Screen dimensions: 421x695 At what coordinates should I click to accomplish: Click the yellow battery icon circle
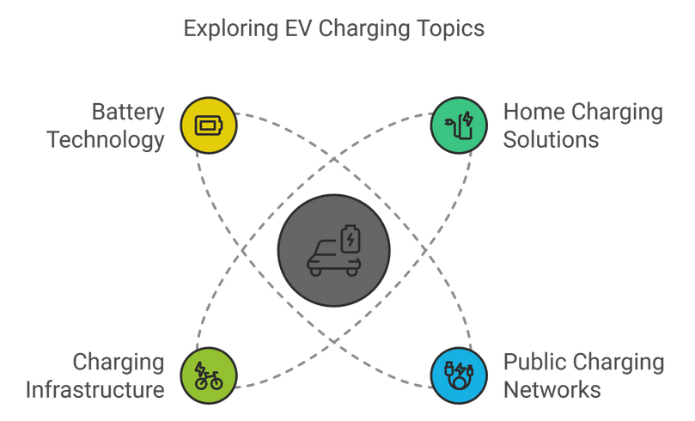tap(208, 125)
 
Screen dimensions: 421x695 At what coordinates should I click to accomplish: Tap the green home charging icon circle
tap(458, 125)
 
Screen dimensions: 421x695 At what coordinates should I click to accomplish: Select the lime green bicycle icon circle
tap(208, 375)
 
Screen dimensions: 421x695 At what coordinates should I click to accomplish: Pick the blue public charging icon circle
tap(458, 375)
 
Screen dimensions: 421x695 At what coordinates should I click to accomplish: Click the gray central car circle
tap(333, 251)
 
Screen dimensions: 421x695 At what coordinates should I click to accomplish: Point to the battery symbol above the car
tap(351, 238)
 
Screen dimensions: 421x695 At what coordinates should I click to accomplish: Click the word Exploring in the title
tap(228, 28)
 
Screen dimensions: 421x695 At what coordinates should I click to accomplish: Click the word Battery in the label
tap(128, 113)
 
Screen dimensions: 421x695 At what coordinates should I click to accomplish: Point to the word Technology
tap(106, 140)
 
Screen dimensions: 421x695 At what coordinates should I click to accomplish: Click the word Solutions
tap(551, 140)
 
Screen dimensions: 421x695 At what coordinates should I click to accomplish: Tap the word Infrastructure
tap(95, 390)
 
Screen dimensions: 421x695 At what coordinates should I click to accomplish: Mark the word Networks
tap(552, 390)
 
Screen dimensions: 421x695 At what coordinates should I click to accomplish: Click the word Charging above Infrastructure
tap(119, 363)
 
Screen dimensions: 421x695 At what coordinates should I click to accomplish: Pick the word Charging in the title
tap(363, 28)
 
